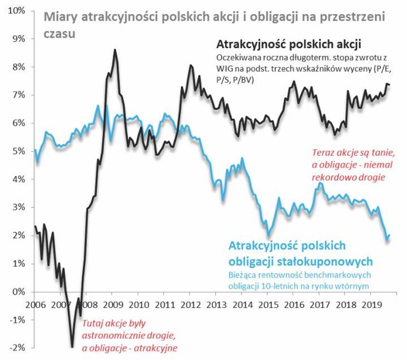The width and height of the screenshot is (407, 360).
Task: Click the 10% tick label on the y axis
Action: coord(14,10)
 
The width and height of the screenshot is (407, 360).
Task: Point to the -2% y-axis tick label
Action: coord(15,347)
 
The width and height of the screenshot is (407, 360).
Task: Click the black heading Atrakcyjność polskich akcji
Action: coord(288,45)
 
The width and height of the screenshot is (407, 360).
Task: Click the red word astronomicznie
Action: coord(114,336)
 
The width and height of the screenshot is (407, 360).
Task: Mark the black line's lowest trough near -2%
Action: coord(72,347)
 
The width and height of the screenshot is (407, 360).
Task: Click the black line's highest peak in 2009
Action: coord(115,50)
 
